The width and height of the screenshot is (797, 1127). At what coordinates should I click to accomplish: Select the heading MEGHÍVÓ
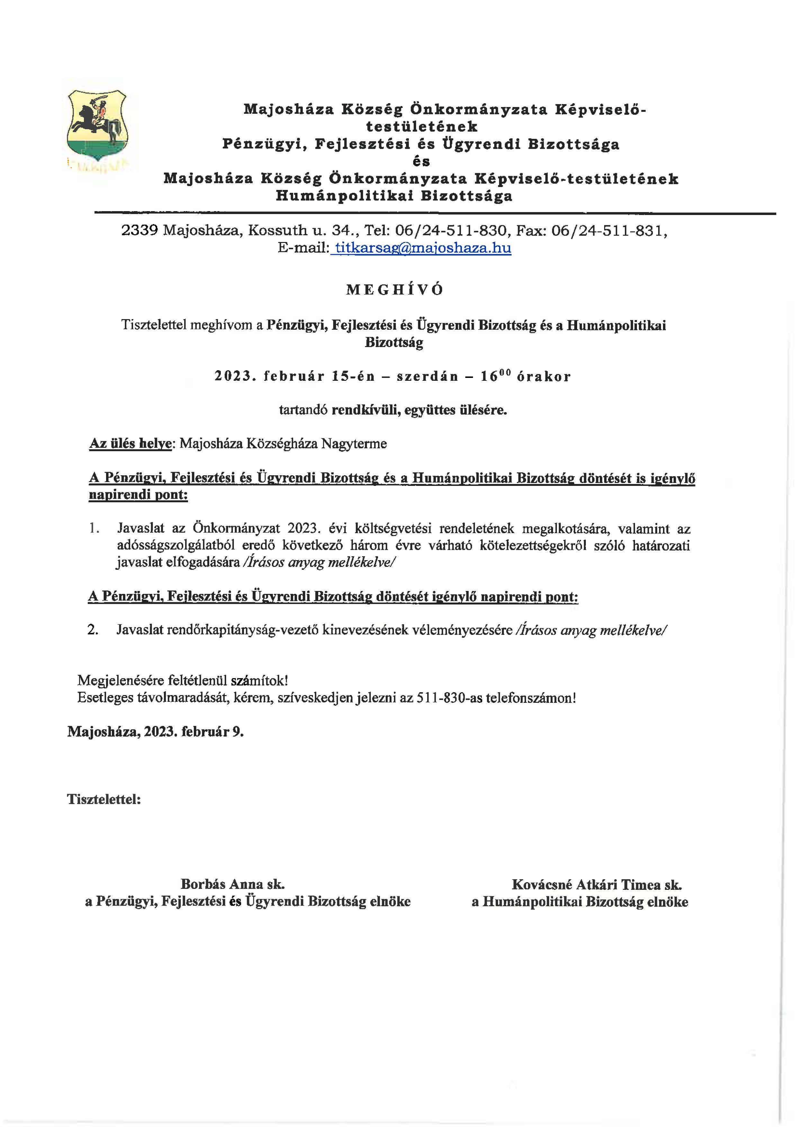[x=395, y=290]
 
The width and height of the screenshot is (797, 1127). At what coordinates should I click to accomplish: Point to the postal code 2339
[x=139, y=231]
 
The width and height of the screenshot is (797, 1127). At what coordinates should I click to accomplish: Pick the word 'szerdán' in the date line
[x=427, y=377]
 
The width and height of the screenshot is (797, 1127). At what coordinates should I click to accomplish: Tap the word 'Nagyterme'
[x=354, y=444]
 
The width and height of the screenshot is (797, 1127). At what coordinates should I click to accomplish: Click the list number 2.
[x=93, y=630]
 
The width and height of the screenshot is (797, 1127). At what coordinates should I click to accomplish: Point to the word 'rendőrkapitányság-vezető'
[x=242, y=630]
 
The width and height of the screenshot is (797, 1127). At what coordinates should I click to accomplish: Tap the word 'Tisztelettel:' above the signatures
[x=104, y=800]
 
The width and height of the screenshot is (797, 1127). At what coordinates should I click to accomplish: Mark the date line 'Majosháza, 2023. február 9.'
[x=156, y=732]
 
